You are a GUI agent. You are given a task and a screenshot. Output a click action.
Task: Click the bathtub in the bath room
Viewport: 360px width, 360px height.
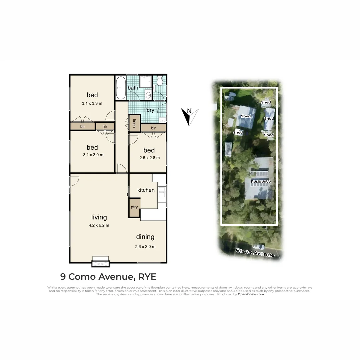(120, 88)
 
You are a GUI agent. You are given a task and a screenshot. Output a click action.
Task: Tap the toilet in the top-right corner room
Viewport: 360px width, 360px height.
(160, 81)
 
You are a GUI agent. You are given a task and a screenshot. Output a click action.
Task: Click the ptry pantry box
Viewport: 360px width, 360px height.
(134, 207)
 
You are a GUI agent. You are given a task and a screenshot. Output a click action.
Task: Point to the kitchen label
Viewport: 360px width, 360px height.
(146, 190)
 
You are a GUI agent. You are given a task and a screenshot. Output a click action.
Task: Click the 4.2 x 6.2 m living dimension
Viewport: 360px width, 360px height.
(99, 225)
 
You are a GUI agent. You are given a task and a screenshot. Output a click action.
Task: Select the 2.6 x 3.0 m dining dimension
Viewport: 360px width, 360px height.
(145, 247)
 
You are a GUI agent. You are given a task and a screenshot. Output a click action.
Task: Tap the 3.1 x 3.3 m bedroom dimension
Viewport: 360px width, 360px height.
(92, 103)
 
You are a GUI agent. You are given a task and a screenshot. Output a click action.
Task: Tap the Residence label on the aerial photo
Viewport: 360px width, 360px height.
(261, 182)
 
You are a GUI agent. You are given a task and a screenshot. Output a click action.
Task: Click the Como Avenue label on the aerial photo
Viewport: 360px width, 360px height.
(255, 253)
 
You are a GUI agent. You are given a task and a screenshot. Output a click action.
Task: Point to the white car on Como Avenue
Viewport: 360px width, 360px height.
(258, 247)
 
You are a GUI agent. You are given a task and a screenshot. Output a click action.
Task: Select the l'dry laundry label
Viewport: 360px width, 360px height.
(149, 110)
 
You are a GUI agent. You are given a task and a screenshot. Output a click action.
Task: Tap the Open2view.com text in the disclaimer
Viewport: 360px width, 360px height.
(251, 294)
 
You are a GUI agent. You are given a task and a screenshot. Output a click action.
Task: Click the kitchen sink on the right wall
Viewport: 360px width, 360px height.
(162, 194)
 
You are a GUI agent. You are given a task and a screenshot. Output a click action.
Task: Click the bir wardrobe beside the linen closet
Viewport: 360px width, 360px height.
(153, 128)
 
